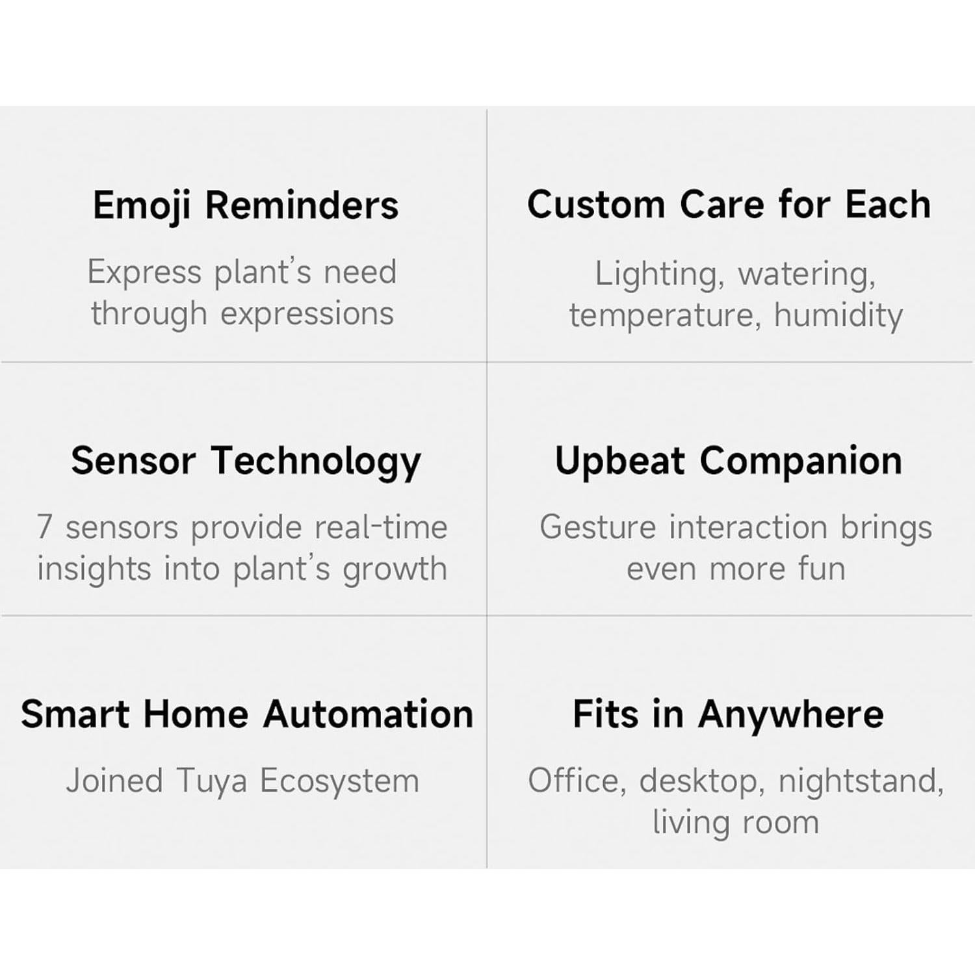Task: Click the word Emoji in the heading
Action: pos(142,207)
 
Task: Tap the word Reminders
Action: pos(302,205)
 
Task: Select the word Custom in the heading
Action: pos(596,205)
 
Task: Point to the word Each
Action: pos(888,205)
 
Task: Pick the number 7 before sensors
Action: pos(44,526)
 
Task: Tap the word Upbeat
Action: pos(620,462)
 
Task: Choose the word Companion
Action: pos(801,462)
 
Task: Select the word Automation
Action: pos(369,714)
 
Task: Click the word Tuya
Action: pos(211,781)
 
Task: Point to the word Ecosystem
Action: pos(339,781)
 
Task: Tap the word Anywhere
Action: pos(791,716)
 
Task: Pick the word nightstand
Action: pos(861,781)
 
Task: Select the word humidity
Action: pos(838,316)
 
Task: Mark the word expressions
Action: pos(307,315)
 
